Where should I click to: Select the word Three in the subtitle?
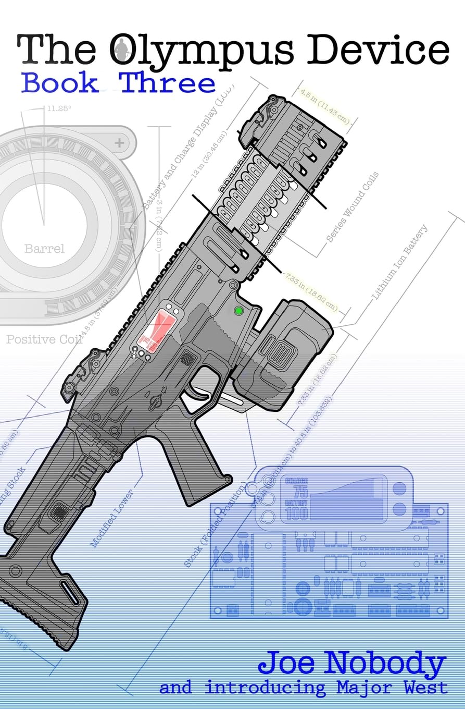point(168,83)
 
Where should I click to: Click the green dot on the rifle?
point(240,311)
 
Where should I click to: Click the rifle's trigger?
point(198,392)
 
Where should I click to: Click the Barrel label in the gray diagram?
point(45,249)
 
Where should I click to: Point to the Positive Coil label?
point(44,339)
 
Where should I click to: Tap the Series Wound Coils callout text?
point(353,207)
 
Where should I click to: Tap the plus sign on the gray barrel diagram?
point(120,142)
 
